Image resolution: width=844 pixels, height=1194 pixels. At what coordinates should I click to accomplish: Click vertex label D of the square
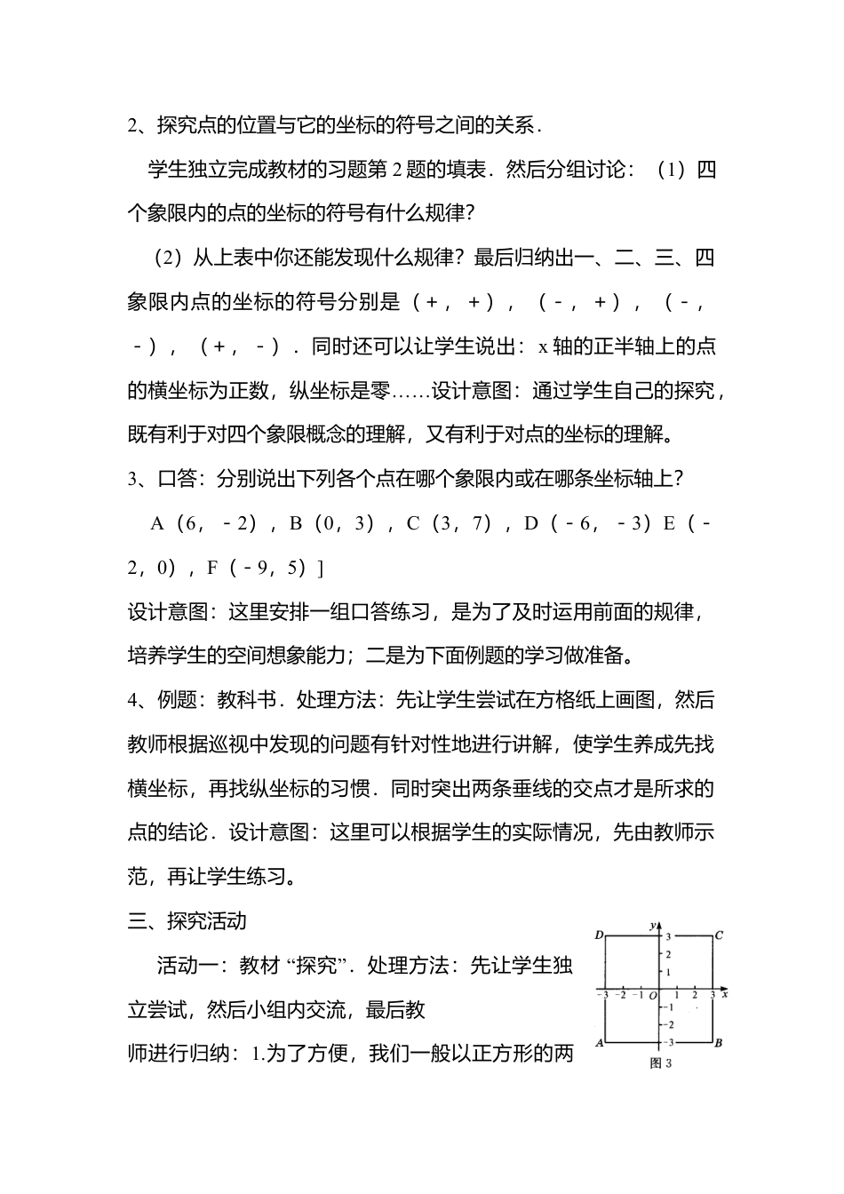pyautogui.click(x=600, y=935)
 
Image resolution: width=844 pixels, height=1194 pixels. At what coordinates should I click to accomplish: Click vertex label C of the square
pyautogui.click(x=719, y=935)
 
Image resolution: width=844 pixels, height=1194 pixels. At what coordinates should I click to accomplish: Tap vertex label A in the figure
pyautogui.click(x=600, y=1043)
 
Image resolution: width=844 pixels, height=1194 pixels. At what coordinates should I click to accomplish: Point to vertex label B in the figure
pyautogui.click(x=719, y=1043)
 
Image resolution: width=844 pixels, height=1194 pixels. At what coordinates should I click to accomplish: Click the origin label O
pyautogui.click(x=652, y=996)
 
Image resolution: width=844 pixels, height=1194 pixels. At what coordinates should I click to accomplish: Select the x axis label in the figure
pyautogui.click(x=725, y=995)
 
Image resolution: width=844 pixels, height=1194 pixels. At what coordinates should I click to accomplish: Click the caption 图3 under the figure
pyautogui.click(x=660, y=1063)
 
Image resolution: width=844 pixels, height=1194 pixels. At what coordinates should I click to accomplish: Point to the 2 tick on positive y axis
pyautogui.click(x=668, y=954)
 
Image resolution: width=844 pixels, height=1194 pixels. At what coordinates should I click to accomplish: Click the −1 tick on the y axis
pyautogui.click(x=671, y=1007)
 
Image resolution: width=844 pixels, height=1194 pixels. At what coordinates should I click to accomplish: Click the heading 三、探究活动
pyautogui.click(x=187, y=921)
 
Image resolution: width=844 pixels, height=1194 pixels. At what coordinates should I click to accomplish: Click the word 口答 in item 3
pyautogui.click(x=177, y=479)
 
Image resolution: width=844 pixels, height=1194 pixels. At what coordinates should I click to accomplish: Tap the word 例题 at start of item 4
pyautogui.click(x=177, y=700)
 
